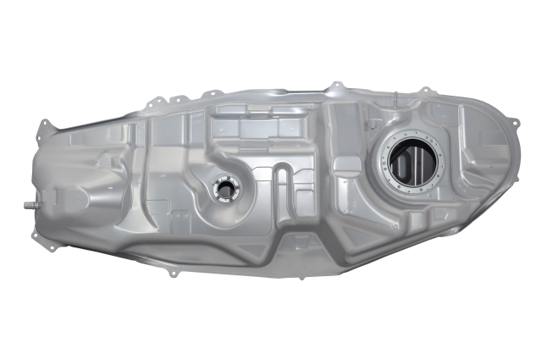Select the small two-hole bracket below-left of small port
coord(174,208)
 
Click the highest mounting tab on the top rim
coord(336,84)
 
